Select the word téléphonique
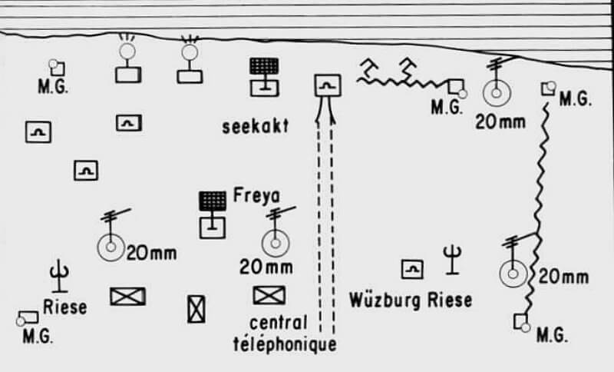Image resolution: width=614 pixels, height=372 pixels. point(284,344)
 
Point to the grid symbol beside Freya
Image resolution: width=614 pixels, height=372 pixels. point(213,202)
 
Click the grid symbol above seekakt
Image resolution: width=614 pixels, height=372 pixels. point(263,67)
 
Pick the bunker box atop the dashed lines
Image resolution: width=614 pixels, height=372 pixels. point(328,85)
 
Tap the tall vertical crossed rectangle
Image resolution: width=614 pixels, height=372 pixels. point(196,308)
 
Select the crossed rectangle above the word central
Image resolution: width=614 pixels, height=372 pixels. point(269,294)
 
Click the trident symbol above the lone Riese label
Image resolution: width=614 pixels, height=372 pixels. point(59,274)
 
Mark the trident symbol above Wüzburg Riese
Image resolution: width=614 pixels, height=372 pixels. point(454,259)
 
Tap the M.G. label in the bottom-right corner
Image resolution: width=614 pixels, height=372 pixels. point(551,335)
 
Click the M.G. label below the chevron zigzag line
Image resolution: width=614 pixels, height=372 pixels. point(447,107)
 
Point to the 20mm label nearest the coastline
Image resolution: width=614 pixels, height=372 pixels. point(500,121)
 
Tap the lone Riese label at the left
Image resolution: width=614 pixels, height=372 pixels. point(64,307)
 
